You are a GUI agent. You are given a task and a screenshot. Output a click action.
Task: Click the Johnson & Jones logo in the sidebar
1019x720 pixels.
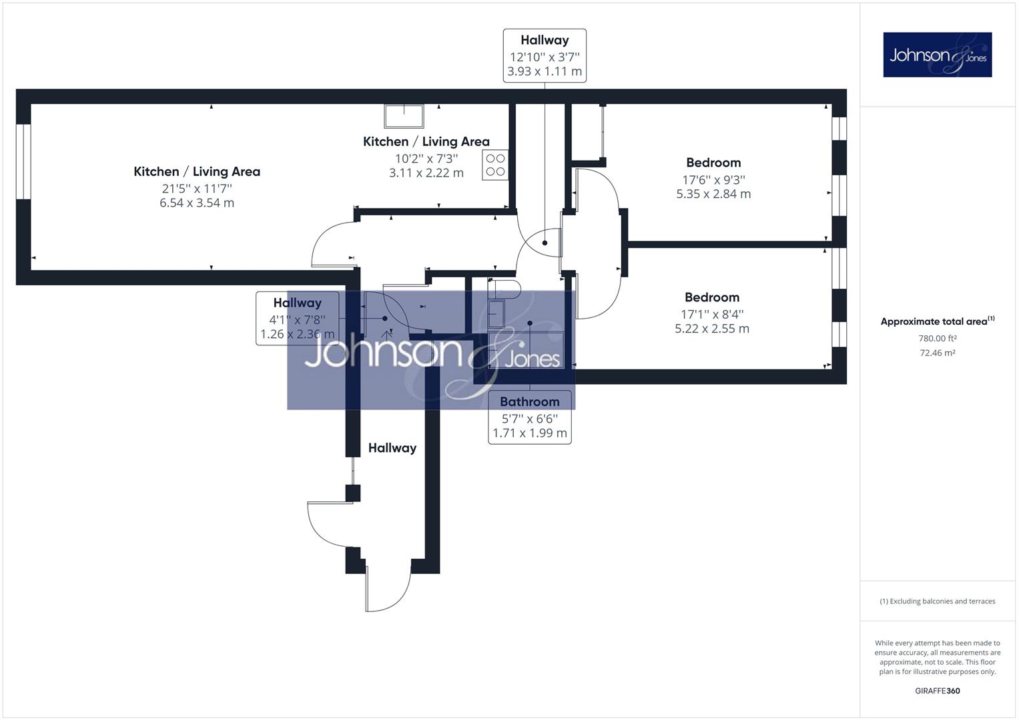(937, 55)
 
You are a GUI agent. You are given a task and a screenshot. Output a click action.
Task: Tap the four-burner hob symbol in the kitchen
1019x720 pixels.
(495, 165)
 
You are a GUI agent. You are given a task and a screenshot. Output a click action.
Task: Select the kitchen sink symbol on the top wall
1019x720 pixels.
(404, 116)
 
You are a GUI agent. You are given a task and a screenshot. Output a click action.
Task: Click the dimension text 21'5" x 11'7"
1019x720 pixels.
(197, 188)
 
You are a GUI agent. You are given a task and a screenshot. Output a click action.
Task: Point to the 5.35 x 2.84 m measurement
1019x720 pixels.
(713, 194)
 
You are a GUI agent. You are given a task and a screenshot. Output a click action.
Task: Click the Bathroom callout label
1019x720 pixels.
(529, 402)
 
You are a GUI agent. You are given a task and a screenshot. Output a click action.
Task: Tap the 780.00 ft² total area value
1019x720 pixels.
(937, 338)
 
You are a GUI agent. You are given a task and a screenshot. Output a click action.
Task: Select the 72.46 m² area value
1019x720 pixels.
(937, 353)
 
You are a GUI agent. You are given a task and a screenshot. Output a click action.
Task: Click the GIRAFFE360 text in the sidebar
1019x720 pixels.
(937, 691)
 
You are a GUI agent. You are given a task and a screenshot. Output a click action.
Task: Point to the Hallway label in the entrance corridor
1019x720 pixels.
(392, 448)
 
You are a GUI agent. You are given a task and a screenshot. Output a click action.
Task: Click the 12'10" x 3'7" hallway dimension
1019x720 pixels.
(545, 57)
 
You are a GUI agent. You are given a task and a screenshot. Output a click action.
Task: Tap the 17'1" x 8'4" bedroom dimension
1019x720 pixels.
(712, 314)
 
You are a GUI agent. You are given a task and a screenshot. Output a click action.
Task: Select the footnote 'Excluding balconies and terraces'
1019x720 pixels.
(937, 601)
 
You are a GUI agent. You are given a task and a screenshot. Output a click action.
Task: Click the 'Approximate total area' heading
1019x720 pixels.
(937, 321)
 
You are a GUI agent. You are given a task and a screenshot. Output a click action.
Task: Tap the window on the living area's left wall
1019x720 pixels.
(23, 161)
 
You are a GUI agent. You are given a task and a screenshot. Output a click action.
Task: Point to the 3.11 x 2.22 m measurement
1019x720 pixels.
(426, 173)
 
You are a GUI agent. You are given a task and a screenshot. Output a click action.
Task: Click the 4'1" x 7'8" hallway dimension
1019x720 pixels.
(297, 320)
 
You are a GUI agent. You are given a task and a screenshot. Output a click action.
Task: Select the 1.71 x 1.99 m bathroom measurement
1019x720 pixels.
(529, 433)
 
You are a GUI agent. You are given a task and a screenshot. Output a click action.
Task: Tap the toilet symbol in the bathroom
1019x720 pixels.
(504, 289)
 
